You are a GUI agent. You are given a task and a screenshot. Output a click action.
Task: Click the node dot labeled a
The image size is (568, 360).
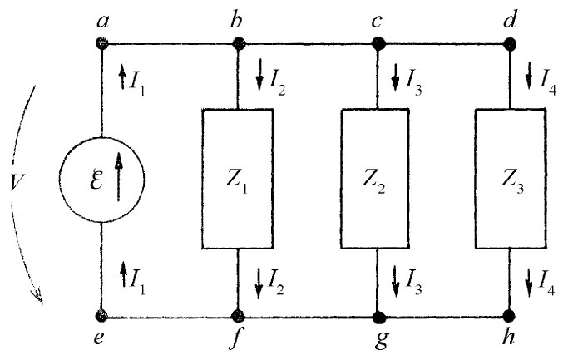pyautogui.click(x=101, y=44)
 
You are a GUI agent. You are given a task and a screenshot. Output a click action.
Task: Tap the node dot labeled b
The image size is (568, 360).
pyautogui.click(x=238, y=44)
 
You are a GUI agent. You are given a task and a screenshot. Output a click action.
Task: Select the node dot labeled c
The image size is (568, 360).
pyautogui.click(x=377, y=44)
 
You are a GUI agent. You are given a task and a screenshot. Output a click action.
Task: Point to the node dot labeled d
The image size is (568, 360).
pyautogui.click(x=509, y=44)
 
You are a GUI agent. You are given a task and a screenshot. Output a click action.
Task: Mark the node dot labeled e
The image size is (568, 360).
pyautogui.click(x=101, y=316)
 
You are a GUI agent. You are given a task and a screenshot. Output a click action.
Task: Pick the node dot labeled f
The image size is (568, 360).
pyautogui.click(x=238, y=316)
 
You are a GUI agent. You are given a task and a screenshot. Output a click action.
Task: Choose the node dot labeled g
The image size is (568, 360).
pyautogui.click(x=377, y=316)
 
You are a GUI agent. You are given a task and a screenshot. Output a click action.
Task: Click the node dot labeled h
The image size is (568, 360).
pyautogui.click(x=509, y=316)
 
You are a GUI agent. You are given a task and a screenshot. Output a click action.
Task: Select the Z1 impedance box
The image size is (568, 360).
pyautogui.click(x=238, y=179)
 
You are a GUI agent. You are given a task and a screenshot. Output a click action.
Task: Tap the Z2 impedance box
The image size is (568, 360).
pyautogui.click(x=376, y=179)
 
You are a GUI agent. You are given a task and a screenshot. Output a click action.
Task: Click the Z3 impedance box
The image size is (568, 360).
pyautogui.click(x=508, y=179)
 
